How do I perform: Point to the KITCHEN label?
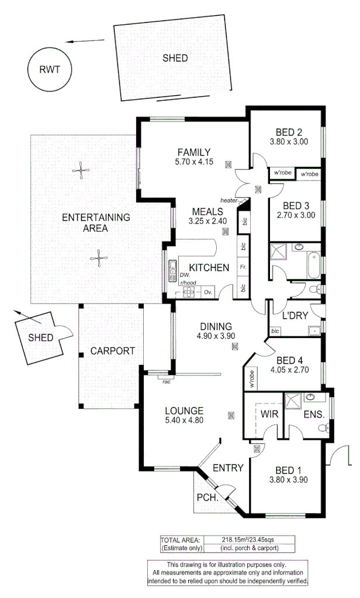(209, 268)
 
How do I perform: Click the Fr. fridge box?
(242, 267)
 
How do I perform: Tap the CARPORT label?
(112, 351)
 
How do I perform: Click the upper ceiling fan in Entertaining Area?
(81, 171)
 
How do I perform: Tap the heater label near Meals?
(229, 200)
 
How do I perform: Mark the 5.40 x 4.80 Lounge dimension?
(184, 419)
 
